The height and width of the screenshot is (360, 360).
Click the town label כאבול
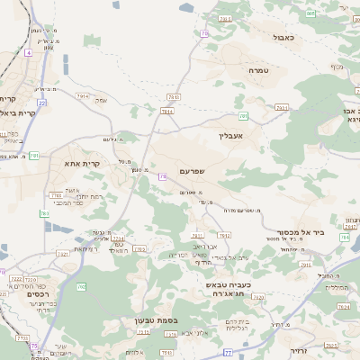pyautogui.click(x=283, y=37)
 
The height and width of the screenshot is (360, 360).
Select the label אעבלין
pyautogui.click(x=231, y=136)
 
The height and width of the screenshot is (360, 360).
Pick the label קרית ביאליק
pyautogui.click(x=20, y=113)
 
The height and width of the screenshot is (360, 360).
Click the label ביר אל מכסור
pyautogui.click(x=295, y=232)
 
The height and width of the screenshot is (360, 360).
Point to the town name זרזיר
pyautogui.click(x=300, y=350)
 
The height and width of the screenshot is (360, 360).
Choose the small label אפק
pyautogui.click(x=101, y=100)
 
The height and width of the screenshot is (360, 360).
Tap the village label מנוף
pyautogui.click(x=337, y=67)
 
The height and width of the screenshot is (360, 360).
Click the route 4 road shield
pyautogui.click(x=28, y=53)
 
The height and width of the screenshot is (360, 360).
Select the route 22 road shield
pyautogui.click(x=41, y=103)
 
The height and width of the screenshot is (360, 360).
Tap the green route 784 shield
pyautogui.click(x=345, y=238)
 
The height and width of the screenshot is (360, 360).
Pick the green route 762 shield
pyautogui.click(x=82, y=286)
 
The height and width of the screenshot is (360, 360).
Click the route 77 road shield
pyautogui.click(x=228, y=352)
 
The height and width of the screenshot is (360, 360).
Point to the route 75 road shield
pyautogui.click(x=35, y=346)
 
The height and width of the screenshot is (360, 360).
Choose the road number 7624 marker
pyautogui.click(x=344, y=306)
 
